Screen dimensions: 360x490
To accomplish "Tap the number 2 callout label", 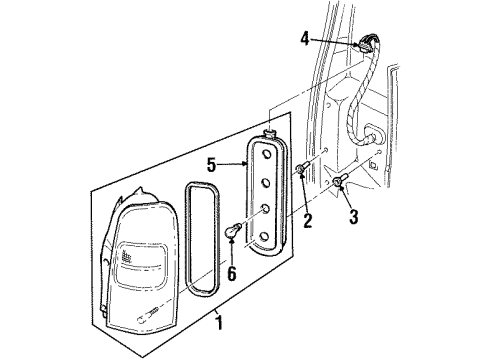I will click(308, 220).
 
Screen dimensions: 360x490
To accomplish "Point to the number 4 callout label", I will click(305, 41).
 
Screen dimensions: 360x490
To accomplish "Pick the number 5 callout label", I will click(212, 164).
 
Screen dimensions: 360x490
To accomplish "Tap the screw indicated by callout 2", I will click(301, 169).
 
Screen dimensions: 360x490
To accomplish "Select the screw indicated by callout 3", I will click(343, 182).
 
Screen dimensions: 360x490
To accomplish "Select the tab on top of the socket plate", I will click(271, 131).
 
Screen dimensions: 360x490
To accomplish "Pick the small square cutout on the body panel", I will click(371, 162).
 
